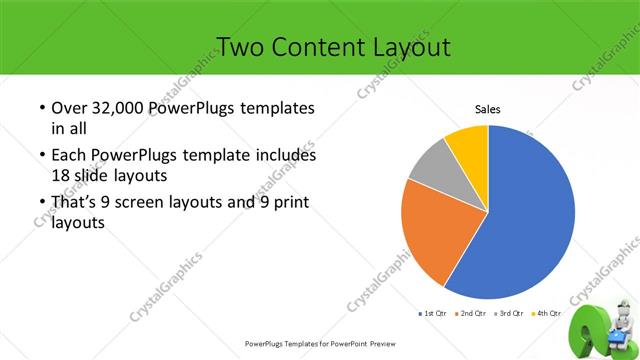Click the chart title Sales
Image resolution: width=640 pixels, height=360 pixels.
[x=487, y=110]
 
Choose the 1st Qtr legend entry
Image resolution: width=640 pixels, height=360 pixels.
[x=431, y=314]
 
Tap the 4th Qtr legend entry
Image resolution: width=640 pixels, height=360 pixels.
[x=546, y=314]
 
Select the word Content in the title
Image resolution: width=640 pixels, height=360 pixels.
[x=325, y=46]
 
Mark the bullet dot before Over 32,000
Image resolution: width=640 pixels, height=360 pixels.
[x=41, y=108]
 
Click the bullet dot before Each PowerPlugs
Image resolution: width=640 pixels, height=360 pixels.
[x=41, y=156]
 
